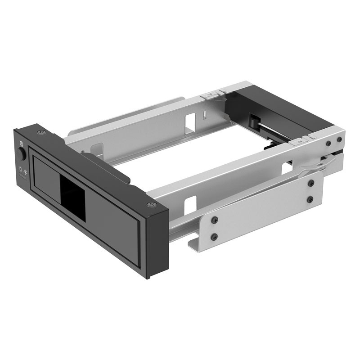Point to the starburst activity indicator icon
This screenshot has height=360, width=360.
tap(26, 171)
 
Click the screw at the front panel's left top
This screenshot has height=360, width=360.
tap(43, 132)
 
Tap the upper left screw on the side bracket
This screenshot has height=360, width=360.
tap(215, 220)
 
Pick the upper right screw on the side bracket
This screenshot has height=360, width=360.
tap(310, 183)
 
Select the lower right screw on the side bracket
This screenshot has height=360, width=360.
tap(310, 199)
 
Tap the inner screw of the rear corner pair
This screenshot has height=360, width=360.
tap(328, 143)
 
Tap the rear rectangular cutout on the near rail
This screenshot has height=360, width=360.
tap(286, 168)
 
